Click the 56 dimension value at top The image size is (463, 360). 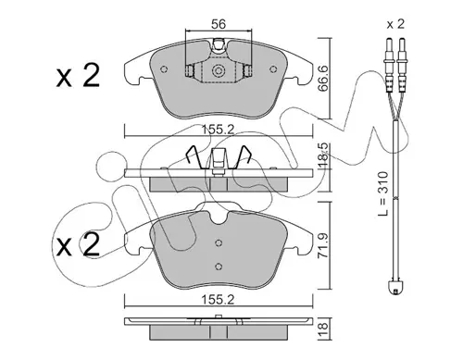click(x=219, y=24)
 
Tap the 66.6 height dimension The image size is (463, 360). click(x=323, y=79)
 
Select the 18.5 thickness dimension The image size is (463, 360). click(x=323, y=155)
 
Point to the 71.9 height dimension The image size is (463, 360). click(x=323, y=245)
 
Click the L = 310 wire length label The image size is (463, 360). click(x=382, y=193)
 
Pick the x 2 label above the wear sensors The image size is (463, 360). click(x=395, y=24)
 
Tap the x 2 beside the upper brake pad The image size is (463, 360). click(x=78, y=75)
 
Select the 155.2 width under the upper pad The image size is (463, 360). click(x=218, y=130)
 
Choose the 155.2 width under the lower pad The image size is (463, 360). click(x=218, y=300)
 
